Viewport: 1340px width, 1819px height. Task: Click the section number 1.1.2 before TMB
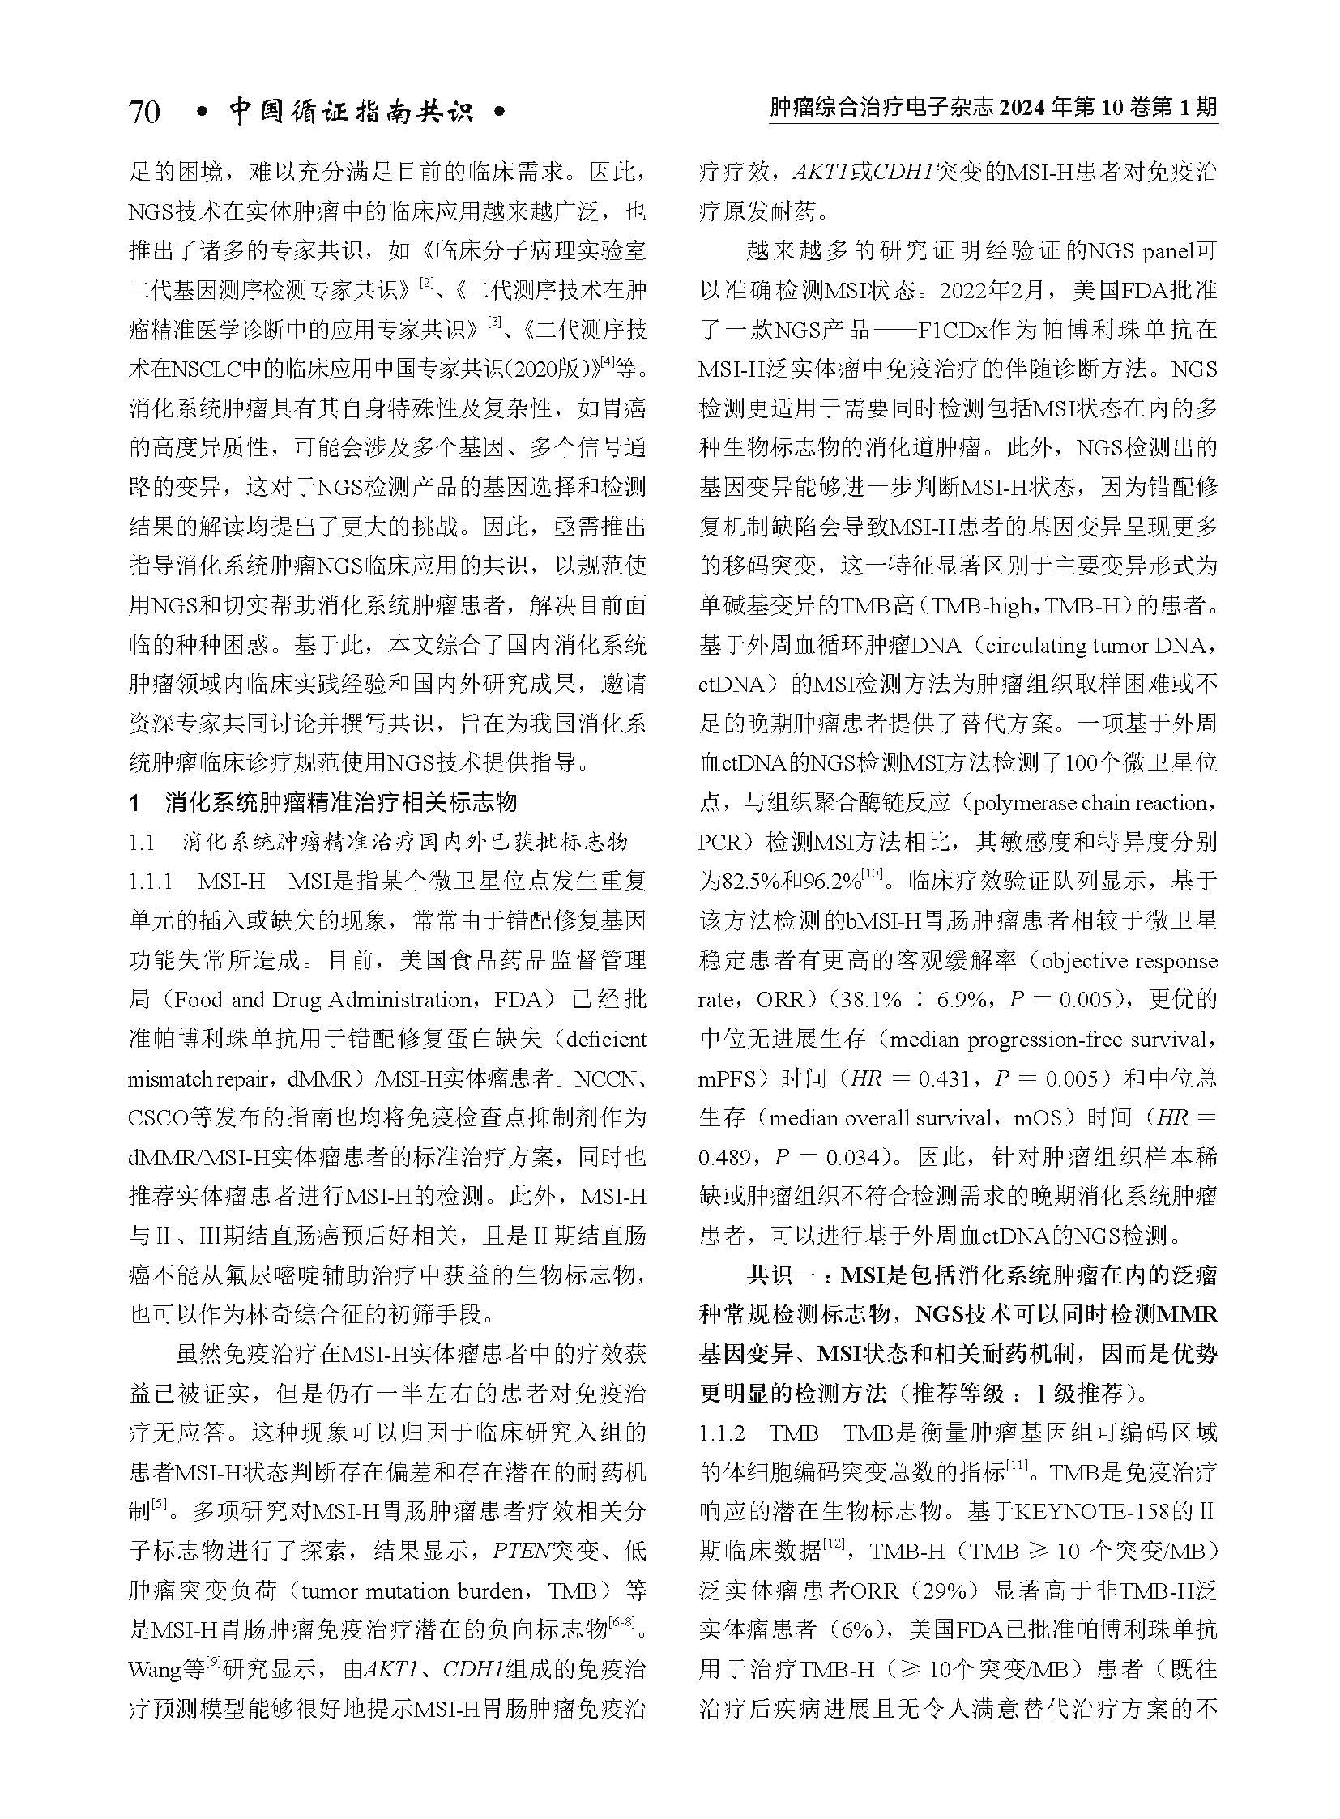pos(721,1433)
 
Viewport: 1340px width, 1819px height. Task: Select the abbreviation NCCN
pos(606,1079)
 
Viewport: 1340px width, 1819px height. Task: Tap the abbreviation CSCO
pos(158,1118)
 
